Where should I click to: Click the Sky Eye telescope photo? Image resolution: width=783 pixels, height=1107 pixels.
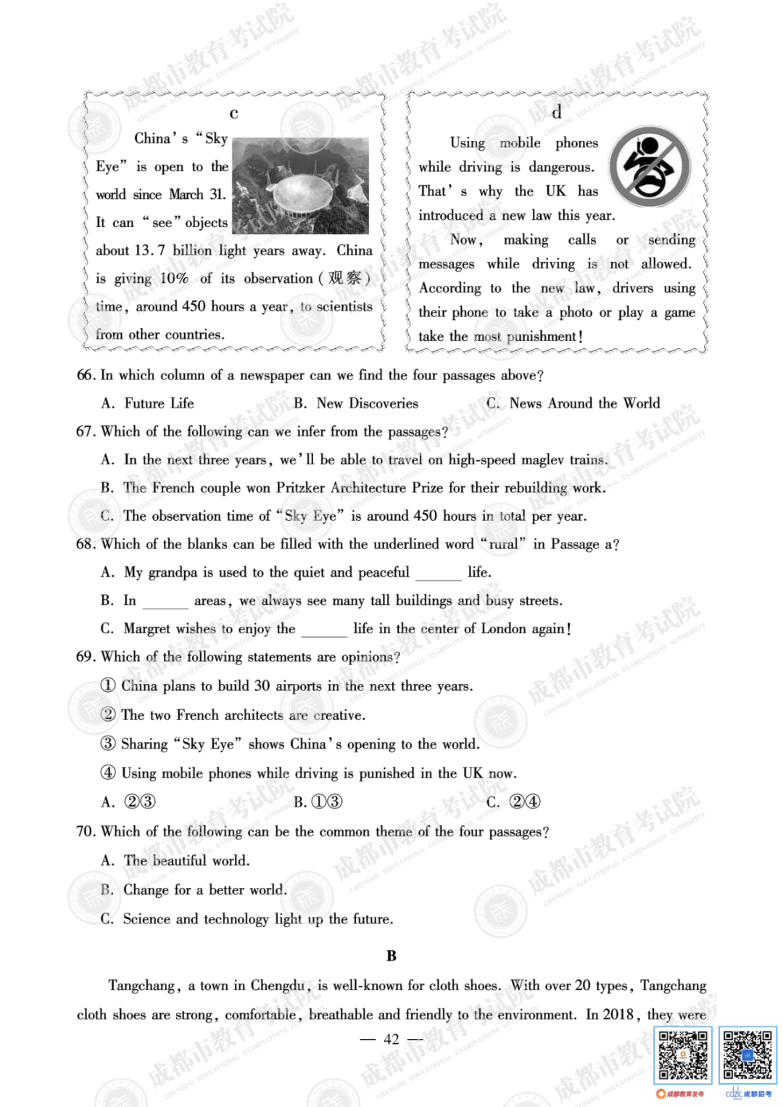click(300, 185)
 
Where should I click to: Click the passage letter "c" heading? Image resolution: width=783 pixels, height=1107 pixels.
click(233, 113)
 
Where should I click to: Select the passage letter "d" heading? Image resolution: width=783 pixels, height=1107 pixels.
click(556, 112)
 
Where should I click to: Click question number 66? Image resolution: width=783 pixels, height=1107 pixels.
click(86, 375)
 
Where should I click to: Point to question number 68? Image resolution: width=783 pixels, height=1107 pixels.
click(86, 544)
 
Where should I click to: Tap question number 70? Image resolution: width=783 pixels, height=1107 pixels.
click(86, 831)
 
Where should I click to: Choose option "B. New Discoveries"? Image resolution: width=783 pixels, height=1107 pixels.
click(356, 403)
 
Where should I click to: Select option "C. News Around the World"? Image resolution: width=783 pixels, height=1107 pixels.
click(573, 403)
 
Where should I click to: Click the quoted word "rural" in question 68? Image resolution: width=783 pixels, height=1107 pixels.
click(503, 544)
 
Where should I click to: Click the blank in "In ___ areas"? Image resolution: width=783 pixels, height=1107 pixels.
click(165, 603)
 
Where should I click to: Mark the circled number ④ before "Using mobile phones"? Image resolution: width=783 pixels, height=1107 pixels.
click(108, 773)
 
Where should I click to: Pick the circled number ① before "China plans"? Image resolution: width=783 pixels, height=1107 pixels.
click(108, 686)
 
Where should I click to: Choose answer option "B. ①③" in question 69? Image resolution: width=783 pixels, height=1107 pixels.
click(318, 802)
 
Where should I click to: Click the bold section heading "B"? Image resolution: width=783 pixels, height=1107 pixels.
click(391, 956)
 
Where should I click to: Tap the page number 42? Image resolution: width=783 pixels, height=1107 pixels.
click(391, 1040)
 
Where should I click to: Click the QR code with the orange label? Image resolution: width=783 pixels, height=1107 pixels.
click(682, 1055)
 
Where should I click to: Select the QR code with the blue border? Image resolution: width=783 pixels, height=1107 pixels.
click(748, 1055)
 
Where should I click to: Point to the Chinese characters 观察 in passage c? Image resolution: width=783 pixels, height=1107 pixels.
click(344, 279)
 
